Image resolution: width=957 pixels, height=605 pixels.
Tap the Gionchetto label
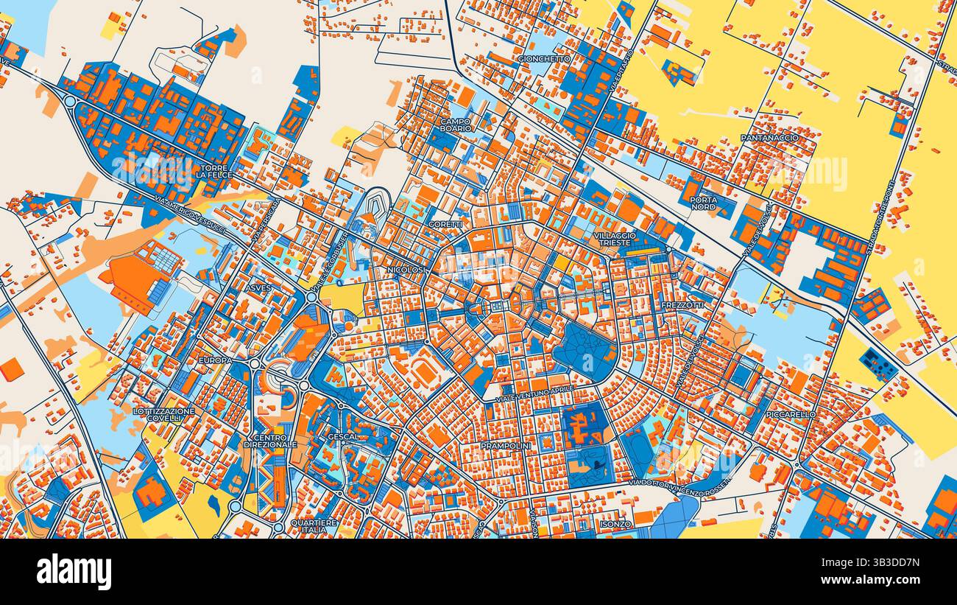(544, 59)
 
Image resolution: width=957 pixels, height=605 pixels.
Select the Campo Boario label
(456, 125)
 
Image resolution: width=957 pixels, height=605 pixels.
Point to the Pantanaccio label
(769, 138)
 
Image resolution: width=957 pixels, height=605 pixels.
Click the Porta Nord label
(703, 203)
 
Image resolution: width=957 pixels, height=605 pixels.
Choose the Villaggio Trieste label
(615, 239)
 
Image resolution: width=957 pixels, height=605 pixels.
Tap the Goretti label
(445, 224)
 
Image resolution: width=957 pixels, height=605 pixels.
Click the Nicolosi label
(405, 270)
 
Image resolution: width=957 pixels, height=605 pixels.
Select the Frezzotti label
(682, 305)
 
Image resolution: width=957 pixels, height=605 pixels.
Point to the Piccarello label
(791, 414)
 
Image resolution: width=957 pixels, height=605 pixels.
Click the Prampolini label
(506, 446)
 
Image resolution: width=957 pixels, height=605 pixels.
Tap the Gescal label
(343, 437)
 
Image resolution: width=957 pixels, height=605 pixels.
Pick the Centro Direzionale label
(270, 441)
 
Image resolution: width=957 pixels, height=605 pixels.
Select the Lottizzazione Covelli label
(164, 415)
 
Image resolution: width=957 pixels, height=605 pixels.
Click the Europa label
(215, 360)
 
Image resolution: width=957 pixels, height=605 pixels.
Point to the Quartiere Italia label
(314, 525)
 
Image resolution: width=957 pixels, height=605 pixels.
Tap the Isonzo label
(615, 524)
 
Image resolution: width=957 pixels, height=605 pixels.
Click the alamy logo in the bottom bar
(74, 572)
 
